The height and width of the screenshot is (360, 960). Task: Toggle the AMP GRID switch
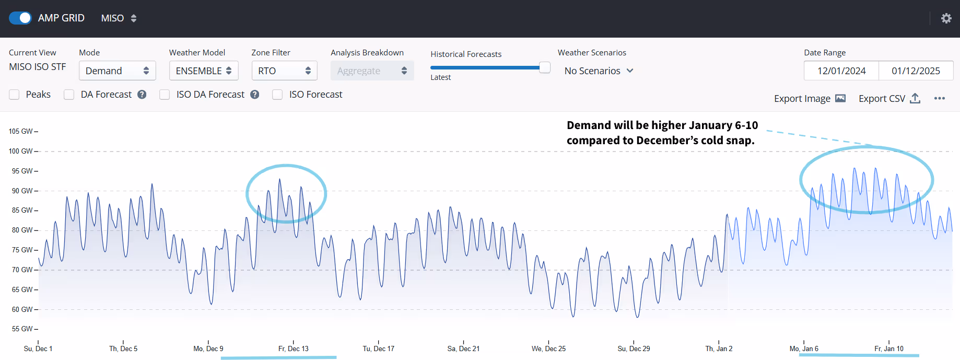coord(20,18)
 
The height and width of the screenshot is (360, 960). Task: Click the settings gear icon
coord(946,18)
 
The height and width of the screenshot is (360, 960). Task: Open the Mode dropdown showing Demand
coord(117,71)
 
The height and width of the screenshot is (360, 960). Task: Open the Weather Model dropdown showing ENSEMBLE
coord(203,71)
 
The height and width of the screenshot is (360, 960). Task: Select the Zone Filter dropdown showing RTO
coord(284,71)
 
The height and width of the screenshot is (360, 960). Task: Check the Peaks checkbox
coord(15,95)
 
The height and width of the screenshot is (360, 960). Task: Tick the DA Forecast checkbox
coord(69,95)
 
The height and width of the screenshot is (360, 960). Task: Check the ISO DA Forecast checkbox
coord(165,95)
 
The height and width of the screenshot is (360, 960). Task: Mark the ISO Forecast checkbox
coord(277,95)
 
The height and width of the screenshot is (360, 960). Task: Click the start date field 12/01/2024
coord(841,71)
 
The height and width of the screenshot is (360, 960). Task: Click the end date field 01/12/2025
coord(916,71)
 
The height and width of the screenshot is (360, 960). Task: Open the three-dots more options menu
coord(940,98)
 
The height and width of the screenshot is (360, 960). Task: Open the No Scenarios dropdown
coord(599,71)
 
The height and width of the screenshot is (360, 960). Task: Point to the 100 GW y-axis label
coord(20,151)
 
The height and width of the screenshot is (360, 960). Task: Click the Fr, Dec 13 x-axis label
coord(293,349)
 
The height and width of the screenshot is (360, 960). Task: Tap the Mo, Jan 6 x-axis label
coord(804,349)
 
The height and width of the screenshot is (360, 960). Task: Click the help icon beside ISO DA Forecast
coord(255,95)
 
